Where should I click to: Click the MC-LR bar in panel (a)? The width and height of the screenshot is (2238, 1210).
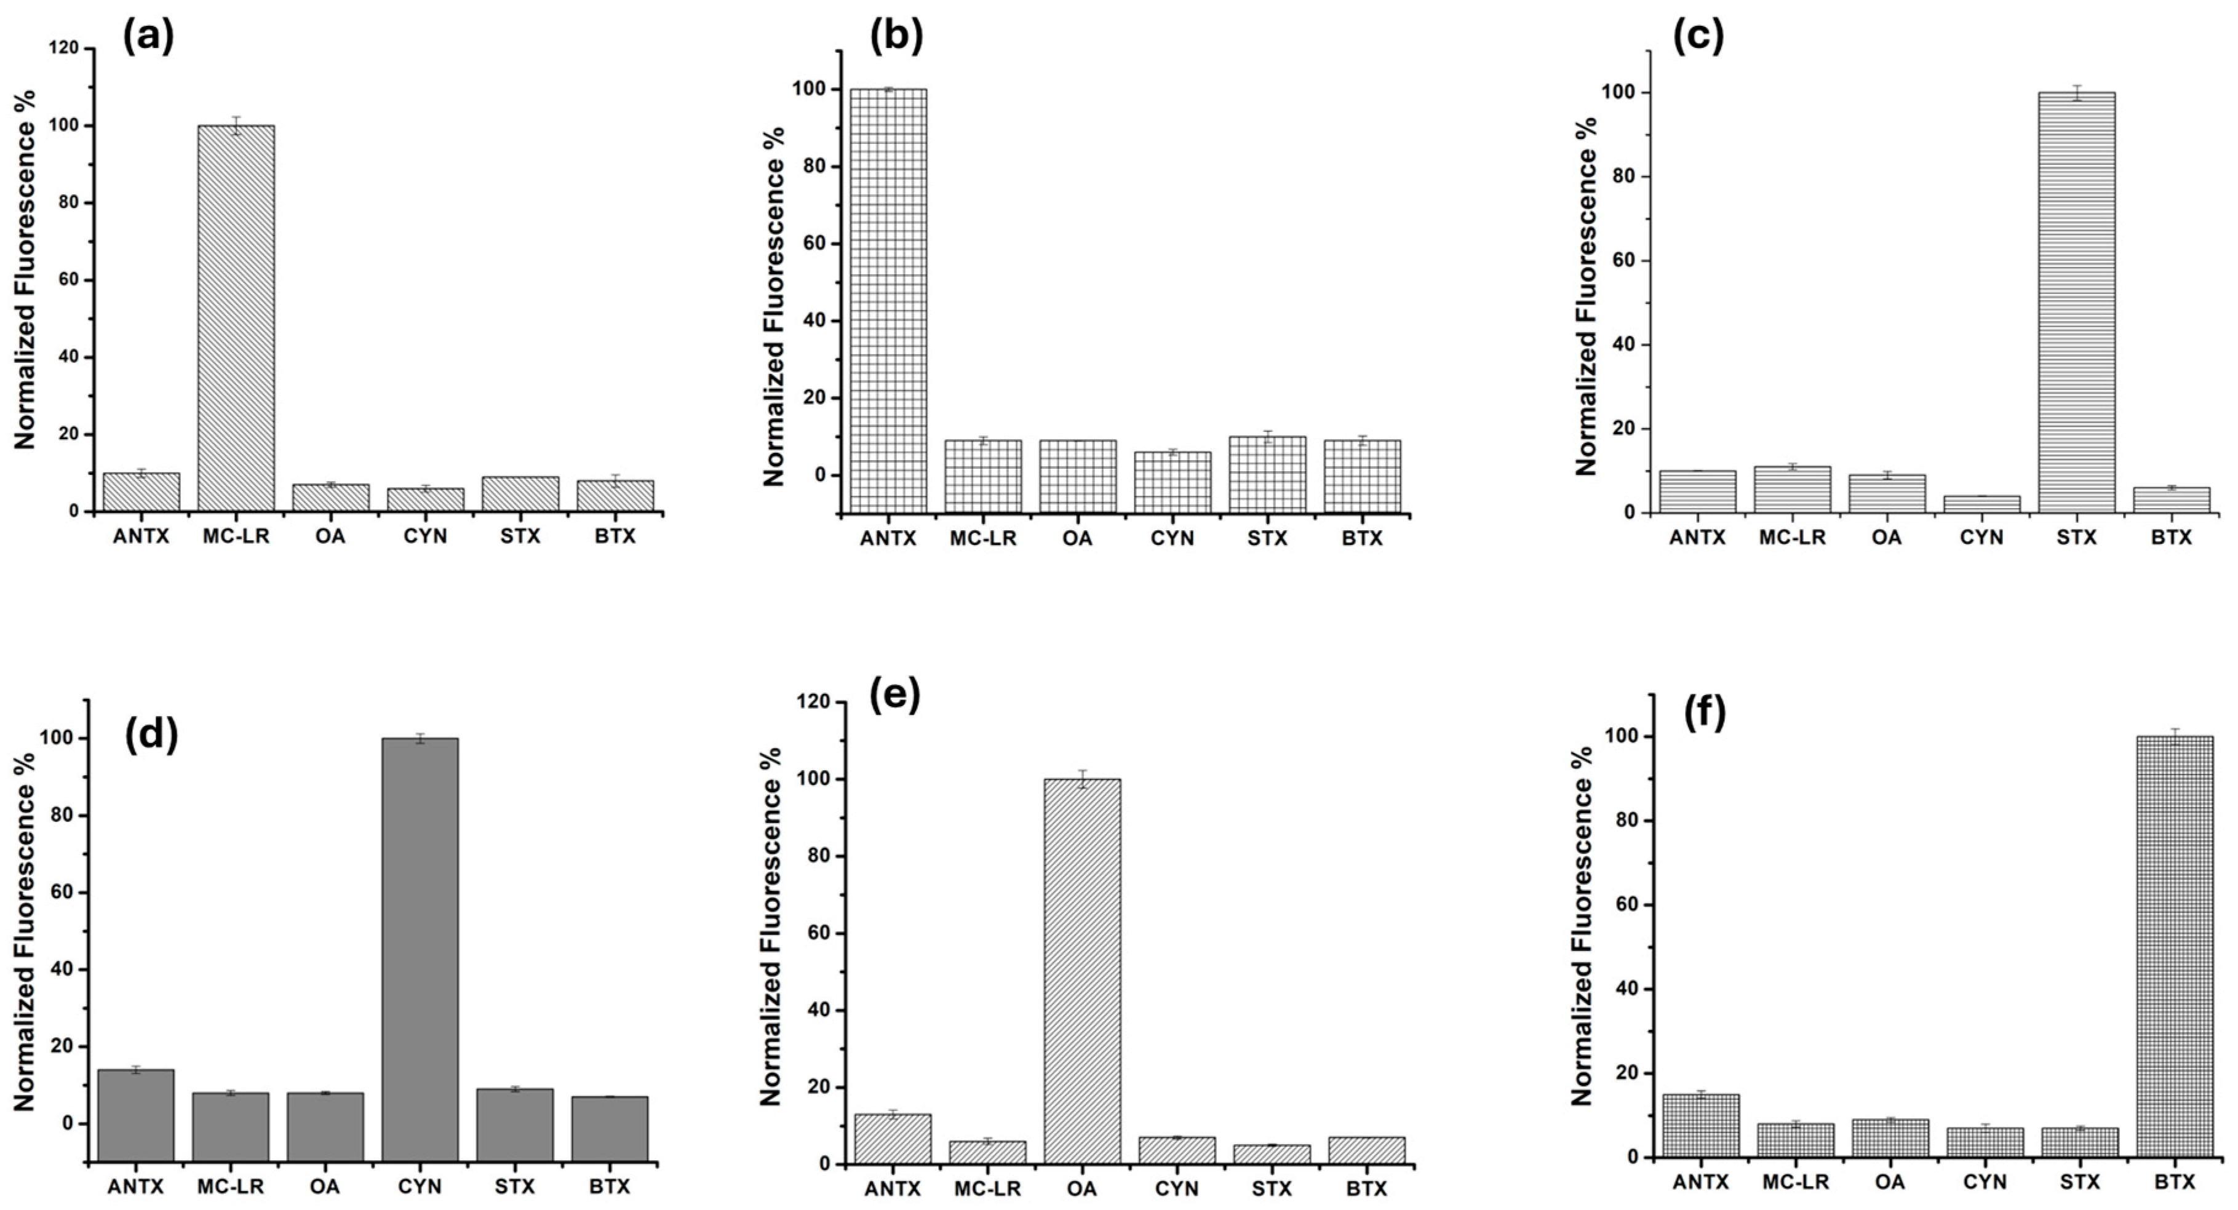click(x=236, y=318)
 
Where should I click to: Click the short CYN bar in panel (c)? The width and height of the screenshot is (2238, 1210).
click(x=1981, y=504)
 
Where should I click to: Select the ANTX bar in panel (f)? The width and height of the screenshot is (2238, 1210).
click(x=1700, y=1125)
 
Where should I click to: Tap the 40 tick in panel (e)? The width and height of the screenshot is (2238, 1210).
click(x=813, y=1010)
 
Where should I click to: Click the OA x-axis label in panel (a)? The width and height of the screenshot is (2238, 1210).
click(x=330, y=536)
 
